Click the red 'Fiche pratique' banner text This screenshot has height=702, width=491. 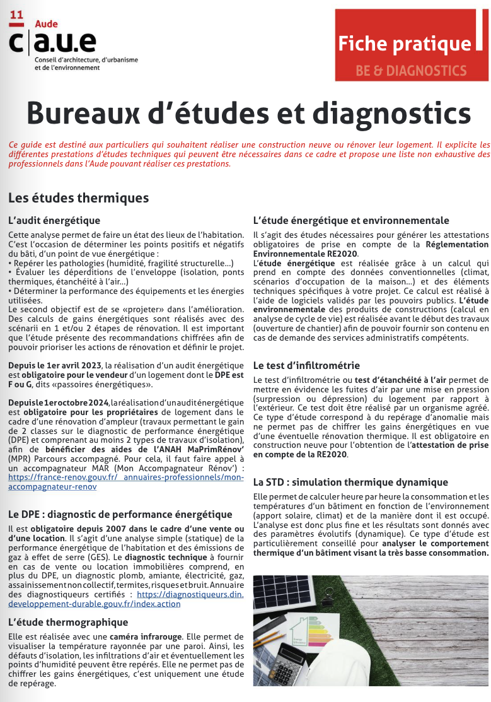click(x=404, y=44)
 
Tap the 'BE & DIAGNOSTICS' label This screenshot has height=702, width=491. click(x=410, y=71)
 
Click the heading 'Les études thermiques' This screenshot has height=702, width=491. click(x=78, y=198)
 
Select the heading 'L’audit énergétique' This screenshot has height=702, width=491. click(x=54, y=220)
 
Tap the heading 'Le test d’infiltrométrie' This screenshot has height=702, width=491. click(x=306, y=365)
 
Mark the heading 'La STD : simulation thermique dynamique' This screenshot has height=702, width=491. click(x=350, y=483)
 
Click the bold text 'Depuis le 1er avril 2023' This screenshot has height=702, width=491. click(x=55, y=365)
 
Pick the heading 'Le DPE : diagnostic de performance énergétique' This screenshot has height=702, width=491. click(x=120, y=514)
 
